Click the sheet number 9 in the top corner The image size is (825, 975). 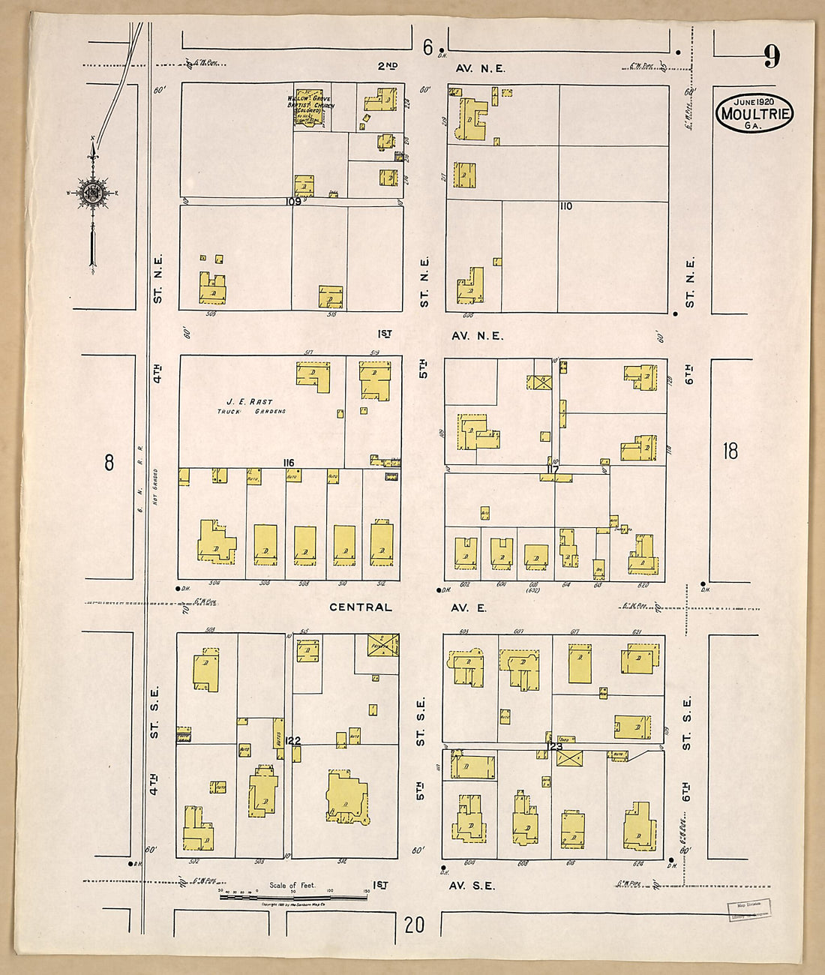pos(772,56)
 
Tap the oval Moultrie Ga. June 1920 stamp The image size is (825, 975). pos(754,113)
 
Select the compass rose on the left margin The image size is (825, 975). pos(93,193)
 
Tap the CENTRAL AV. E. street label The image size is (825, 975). pos(409,607)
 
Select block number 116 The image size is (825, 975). pos(288,463)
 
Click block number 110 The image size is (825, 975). pos(565,205)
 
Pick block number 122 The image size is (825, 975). pos(293,740)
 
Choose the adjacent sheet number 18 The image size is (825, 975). pos(730,451)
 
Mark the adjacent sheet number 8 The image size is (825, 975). pos(109,463)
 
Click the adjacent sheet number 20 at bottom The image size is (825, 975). pos(414,925)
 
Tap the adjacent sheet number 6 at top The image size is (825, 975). pos(427,49)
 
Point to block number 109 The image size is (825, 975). pos(292,201)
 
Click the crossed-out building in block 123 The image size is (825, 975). pos(570,758)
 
